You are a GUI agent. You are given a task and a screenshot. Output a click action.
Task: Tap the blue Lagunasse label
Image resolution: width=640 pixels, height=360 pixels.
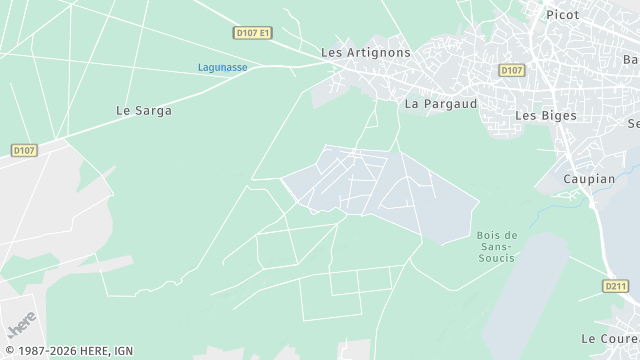(222, 67)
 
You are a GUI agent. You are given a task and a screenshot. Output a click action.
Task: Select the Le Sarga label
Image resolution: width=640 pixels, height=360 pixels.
(144, 111)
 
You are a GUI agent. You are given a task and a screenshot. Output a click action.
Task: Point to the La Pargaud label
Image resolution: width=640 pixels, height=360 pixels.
(440, 103)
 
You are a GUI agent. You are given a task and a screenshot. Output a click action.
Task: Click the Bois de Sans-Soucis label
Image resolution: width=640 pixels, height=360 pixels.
(490, 246)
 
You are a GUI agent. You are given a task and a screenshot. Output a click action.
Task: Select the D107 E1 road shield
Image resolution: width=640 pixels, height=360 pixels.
(253, 33)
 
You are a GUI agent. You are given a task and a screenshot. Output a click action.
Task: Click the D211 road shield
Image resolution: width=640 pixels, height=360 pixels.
(616, 286)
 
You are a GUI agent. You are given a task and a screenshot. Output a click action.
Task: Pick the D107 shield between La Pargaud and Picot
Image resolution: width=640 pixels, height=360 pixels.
(511, 70)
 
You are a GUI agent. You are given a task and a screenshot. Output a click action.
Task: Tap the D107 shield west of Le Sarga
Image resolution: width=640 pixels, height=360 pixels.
(25, 150)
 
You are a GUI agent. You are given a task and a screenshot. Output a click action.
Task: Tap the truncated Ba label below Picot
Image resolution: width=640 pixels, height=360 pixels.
(631, 59)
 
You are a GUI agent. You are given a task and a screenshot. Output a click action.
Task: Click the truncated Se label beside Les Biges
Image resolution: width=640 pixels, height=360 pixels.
(633, 123)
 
